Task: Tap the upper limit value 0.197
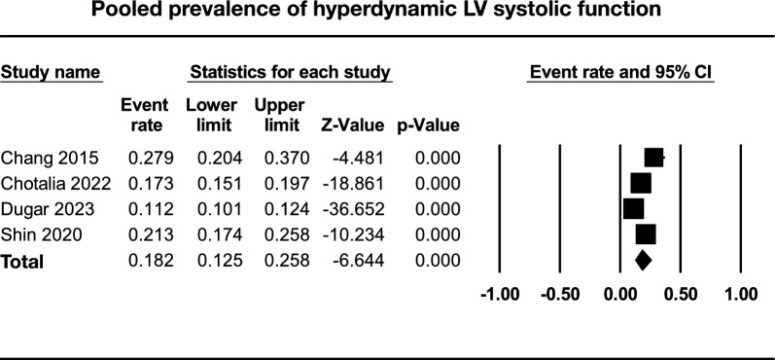275,184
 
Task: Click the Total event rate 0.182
145,261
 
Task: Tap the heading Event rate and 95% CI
620,72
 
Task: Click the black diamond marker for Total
642,261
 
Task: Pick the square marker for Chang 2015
653,159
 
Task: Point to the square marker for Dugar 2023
633,209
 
